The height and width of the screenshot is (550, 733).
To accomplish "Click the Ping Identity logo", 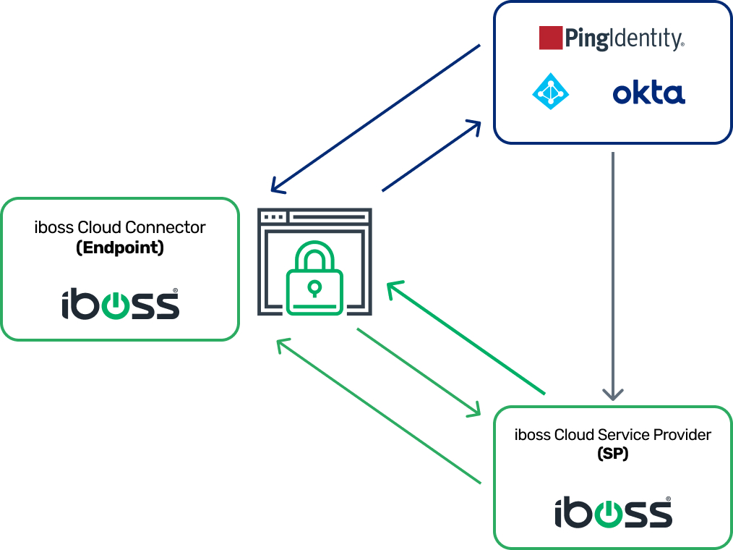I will click(x=612, y=38).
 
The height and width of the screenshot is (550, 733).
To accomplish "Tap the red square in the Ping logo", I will click(x=551, y=38).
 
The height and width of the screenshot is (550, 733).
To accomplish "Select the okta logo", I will click(x=648, y=93).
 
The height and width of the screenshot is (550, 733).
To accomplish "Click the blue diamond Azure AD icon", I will click(x=550, y=91).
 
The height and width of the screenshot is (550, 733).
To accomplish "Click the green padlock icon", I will click(x=314, y=279).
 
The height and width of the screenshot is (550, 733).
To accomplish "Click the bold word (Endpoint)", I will click(x=120, y=247).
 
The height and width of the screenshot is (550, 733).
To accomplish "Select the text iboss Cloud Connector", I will click(x=120, y=227).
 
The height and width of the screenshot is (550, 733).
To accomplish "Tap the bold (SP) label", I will click(x=612, y=454).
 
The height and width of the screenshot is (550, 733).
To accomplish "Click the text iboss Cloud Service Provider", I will click(x=612, y=434).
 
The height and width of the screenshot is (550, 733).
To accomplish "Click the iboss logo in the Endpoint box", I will click(x=120, y=304).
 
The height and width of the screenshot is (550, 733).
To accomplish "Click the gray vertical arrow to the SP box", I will click(x=613, y=275).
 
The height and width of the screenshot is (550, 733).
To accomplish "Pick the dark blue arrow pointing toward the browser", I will click(x=375, y=119).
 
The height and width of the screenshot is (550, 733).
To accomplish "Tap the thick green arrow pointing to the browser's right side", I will click(x=466, y=338).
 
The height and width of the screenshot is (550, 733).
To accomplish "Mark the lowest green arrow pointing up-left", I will click(x=379, y=411).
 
